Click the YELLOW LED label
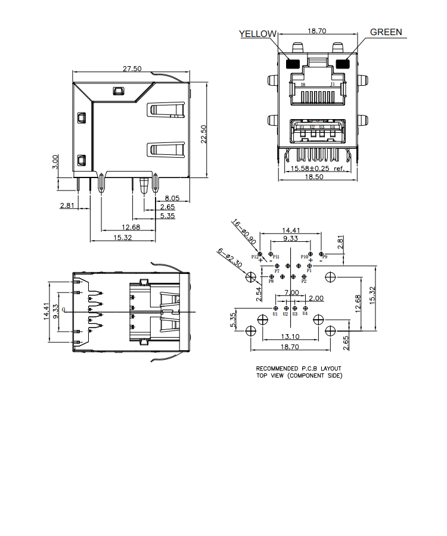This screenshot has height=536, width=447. [258, 34]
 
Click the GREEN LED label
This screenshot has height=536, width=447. [386, 32]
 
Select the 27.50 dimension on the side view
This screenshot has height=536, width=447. [132, 69]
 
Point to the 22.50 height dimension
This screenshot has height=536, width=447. [204, 134]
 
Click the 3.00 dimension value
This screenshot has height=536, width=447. [55, 162]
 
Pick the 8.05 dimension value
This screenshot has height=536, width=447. [172, 198]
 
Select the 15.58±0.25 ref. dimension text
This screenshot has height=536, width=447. [317, 169]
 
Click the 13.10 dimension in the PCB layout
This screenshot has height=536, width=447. [290, 337]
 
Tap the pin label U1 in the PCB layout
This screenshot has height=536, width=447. [275, 314]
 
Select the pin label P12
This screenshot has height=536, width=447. [255, 257]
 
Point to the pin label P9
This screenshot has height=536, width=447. [325, 257]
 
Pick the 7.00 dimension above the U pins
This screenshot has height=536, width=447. [291, 292]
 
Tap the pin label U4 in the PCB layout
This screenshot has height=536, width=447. [305, 314]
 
